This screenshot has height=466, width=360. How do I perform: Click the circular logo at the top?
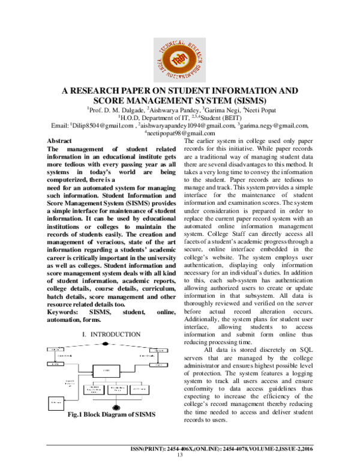click(179, 53)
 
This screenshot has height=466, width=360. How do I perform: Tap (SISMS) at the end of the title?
click(245, 101)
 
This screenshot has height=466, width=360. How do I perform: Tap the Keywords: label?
click(65, 312)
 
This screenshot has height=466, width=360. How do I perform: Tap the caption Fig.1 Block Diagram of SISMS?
click(111, 414)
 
